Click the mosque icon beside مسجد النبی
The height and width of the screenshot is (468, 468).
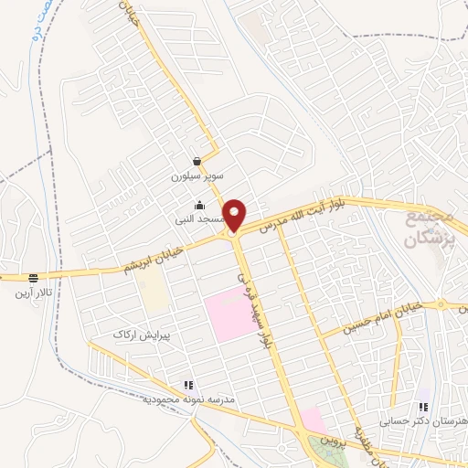200,205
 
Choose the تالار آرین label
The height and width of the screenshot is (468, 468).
32,292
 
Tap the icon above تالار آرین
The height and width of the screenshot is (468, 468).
34,278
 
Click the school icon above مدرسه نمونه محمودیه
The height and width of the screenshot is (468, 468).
188,386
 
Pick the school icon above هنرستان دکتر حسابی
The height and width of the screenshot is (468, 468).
423,406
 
